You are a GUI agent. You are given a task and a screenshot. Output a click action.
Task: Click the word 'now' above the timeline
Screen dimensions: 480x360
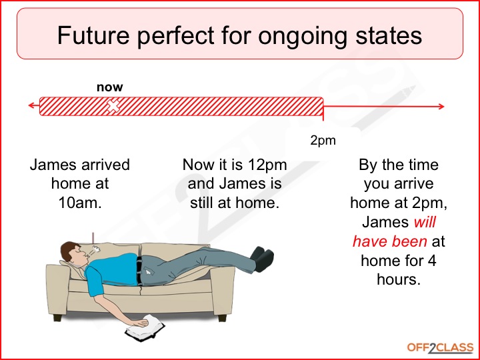(109, 87)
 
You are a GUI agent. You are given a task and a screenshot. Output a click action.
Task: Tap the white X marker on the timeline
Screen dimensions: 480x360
(113, 106)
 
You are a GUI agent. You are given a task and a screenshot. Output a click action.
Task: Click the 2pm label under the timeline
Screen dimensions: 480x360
(323, 141)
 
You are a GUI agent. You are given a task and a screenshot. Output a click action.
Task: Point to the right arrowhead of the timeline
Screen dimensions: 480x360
(441, 107)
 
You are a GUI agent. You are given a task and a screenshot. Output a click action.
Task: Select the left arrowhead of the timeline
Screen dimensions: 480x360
(31, 105)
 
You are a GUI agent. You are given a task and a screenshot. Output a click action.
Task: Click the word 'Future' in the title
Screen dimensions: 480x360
(93, 35)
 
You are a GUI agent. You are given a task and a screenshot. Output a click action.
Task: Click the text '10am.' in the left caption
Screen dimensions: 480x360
(80, 203)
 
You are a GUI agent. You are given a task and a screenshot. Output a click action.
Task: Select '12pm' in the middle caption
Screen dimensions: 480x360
(267, 165)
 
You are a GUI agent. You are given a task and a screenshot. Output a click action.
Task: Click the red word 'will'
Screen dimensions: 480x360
(425, 222)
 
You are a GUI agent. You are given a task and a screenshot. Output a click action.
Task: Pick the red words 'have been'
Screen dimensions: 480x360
(390, 241)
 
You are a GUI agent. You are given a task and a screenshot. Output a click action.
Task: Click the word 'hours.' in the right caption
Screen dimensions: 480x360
(399, 279)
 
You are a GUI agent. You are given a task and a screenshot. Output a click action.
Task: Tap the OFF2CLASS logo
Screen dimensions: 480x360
(440, 348)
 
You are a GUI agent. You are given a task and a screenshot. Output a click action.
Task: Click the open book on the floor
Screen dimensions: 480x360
(145, 329)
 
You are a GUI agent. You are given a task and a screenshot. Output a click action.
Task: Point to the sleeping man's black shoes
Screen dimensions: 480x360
(262, 259)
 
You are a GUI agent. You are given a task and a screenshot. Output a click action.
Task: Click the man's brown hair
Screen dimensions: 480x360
(68, 250)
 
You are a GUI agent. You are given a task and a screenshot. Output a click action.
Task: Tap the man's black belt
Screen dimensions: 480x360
(139, 271)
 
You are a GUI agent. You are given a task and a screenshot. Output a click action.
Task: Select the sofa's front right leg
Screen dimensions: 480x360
(222, 318)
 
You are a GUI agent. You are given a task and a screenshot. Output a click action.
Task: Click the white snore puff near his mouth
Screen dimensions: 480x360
(96, 249)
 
